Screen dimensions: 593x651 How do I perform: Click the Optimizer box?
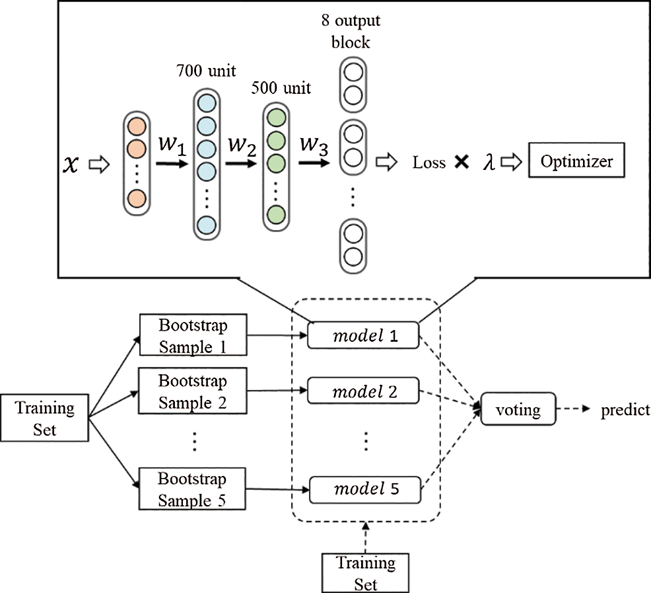pyautogui.click(x=576, y=161)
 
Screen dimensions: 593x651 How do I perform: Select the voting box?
pyautogui.click(x=519, y=411)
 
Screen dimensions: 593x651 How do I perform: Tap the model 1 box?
pyautogui.click(x=364, y=336)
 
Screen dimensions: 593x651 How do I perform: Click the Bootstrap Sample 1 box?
pyautogui.click(x=192, y=336)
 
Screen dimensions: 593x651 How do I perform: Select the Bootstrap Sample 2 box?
pyautogui.click(x=192, y=392)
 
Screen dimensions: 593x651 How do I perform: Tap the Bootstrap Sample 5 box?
pyautogui.click(x=192, y=490)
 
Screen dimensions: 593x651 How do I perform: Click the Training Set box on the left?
pyautogui.click(x=45, y=418)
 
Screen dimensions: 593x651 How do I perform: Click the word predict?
pyautogui.click(x=625, y=411)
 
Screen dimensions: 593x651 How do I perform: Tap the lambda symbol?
pyautogui.click(x=489, y=163)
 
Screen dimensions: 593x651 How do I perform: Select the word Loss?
pyautogui.click(x=429, y=162)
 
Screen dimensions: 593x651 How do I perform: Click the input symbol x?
pyautogui.click(x=75, y=163)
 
